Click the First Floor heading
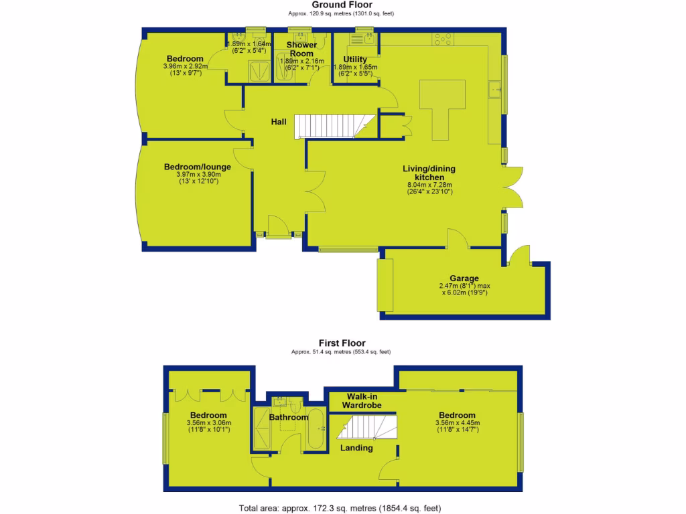point(342,343)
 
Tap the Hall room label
point(279,122)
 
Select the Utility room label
point(355,60)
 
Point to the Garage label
point(464,278)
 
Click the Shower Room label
point(301,49)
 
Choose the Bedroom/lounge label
point(198,167)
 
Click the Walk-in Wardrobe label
point(362,401)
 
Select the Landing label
point(356,448)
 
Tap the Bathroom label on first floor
point(288,418)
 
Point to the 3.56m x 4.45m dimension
point(457,423)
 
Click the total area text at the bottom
point(340,508)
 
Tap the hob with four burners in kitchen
point(443,39)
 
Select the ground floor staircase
point(328,126)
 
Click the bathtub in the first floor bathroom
point(315,430)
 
